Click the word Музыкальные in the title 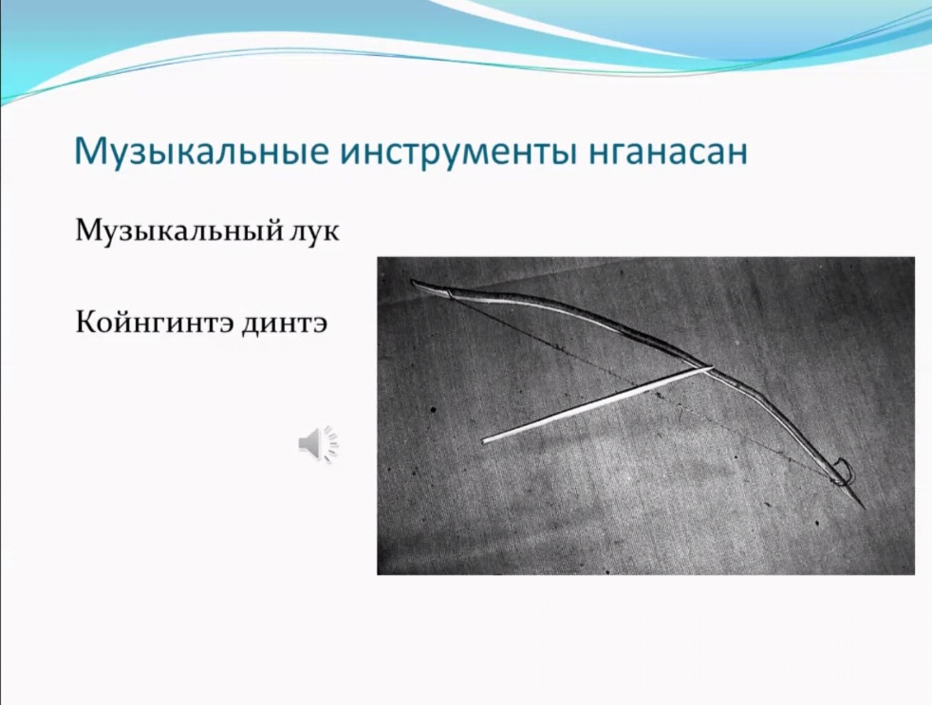pyautogui.click(x=202, y=153)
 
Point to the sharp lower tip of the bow pyautogui.click(x=863, y=509)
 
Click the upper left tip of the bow pyautogui.click(x=413, y=283)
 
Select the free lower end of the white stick pyautogui.click(x=483, y=441)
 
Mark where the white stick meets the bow pyautogui.click(x=707, y=368)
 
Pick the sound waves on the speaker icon pyautogui.click(x=332, y=443)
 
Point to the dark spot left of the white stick pyautogui.click(x=433, y=409)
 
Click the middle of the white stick pyautogui.click(x=597, y=405)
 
